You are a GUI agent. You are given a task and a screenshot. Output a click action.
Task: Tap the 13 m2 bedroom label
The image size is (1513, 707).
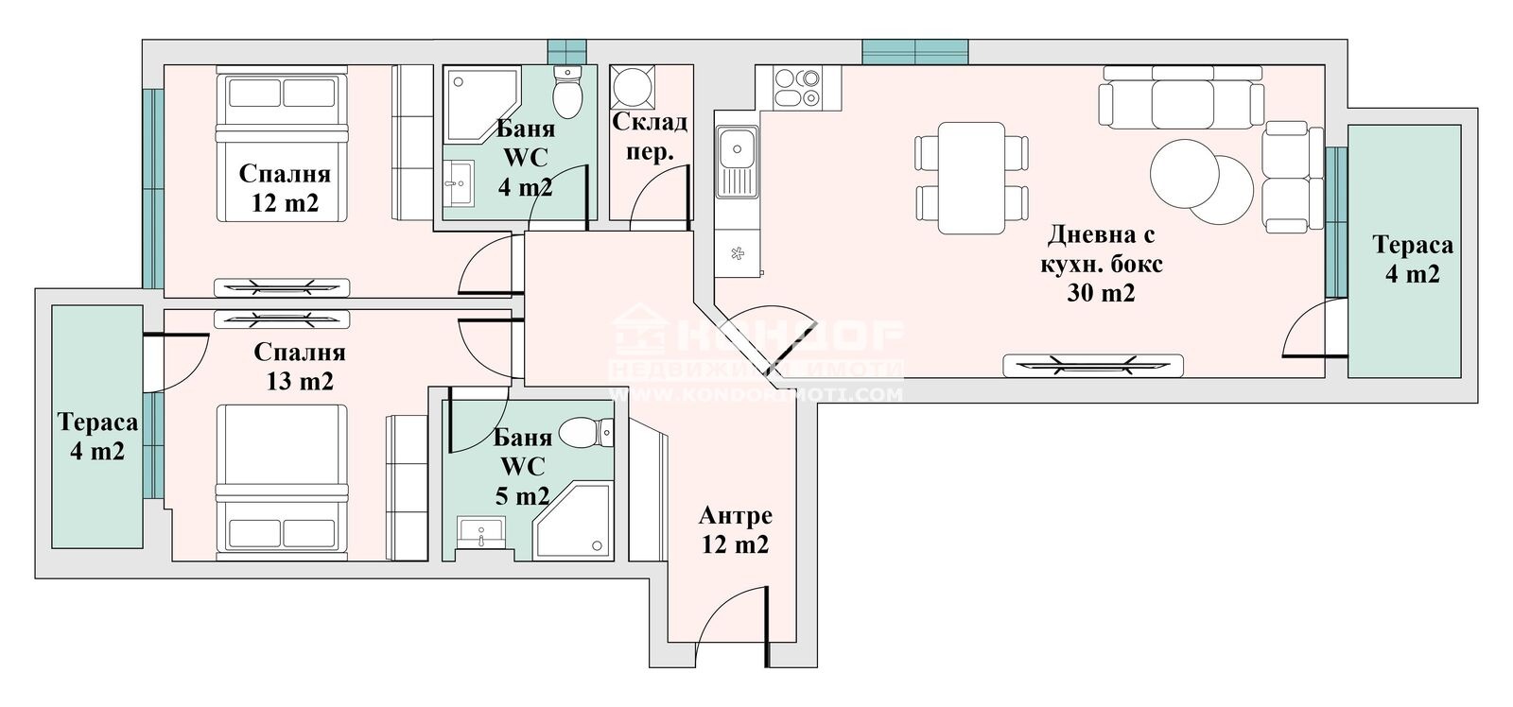coord(299,367)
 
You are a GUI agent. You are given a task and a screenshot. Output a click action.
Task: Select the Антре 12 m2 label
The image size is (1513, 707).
coord(735,530)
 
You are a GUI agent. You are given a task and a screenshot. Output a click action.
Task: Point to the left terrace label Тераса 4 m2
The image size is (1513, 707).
coord(96,436)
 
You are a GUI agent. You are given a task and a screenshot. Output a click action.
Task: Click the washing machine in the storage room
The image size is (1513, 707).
coord(629,88)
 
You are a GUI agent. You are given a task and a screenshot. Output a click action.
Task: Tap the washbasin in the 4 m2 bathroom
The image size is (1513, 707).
coord(460,181)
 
